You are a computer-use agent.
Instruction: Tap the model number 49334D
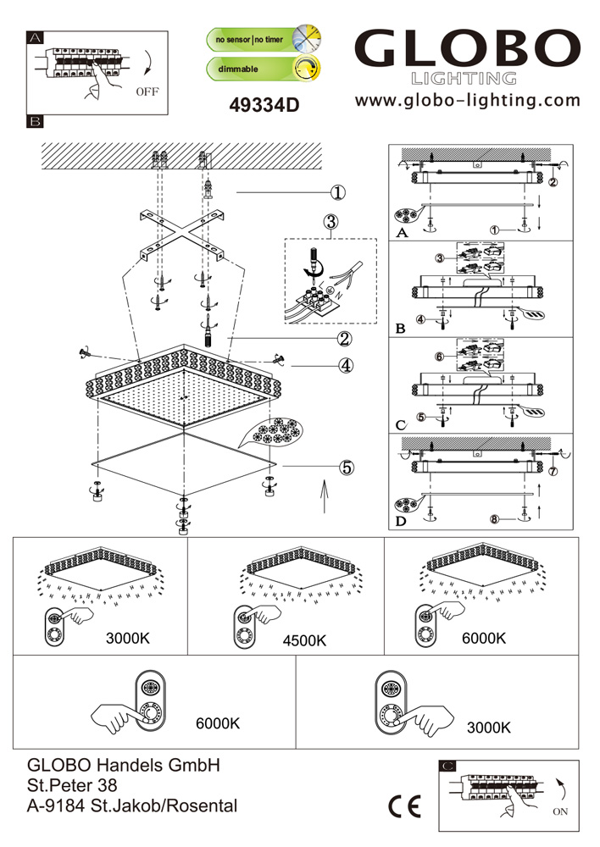pyautogui.click(x=265, y=105)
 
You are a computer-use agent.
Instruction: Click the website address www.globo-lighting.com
pyautogui.click(x=468, y=101)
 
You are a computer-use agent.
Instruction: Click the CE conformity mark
pyautogui.click(x=403, y=806)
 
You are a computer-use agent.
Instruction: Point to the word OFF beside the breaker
pyautogui.click(x=146, y=93)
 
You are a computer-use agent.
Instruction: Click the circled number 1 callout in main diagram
pyautogui.click(x=338, y=193)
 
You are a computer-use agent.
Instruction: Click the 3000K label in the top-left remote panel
pyautogui.click(x=128, y=638)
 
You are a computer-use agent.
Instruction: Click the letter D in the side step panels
pyautogui.click(x=400, y=522)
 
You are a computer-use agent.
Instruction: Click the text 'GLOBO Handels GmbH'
pyautogui.click(x=125, y=765)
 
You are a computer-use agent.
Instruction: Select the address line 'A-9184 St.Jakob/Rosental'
pyautogui.click(x=133, y=805)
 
